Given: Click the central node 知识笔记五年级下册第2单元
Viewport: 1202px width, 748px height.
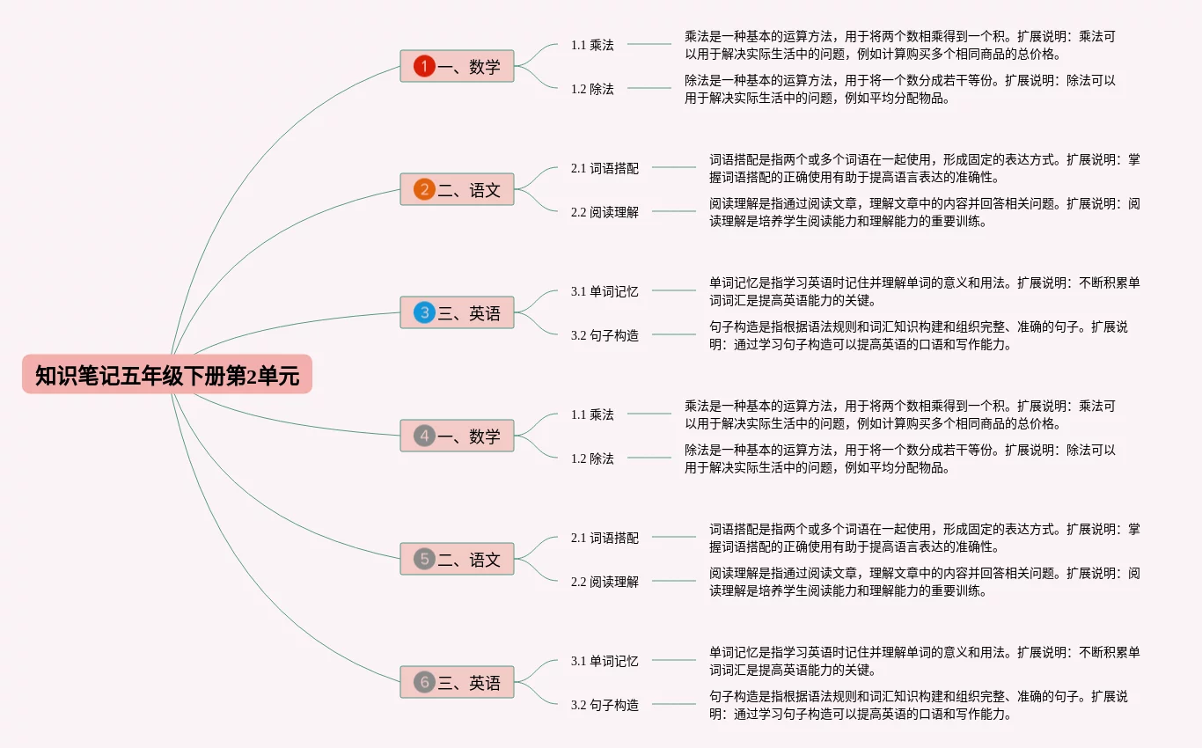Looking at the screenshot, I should click(x=167, y=375).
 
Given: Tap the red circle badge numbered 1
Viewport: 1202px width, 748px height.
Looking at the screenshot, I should click(x=424, y=66).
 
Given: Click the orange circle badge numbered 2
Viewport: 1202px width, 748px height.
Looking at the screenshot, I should click(x=424, y=189).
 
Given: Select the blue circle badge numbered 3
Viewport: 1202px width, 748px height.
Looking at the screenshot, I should click(x=424, y=312).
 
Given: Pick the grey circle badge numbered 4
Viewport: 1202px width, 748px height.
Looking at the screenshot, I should click(x=424, y=436).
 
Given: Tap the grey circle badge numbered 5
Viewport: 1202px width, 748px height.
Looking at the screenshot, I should click(x=424, y=559).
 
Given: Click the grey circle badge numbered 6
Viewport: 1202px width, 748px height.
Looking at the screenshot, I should click(x=424, y=682).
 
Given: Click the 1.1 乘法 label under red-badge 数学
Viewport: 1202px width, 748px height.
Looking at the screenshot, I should click(x=592, y=45).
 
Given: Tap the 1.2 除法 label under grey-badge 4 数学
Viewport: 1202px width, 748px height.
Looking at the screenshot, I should click(x=592, y=458).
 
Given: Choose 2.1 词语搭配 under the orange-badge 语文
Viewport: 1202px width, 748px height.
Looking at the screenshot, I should click(x=605, y=168).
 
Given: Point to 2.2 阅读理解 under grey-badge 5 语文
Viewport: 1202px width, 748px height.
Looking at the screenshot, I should click(x=605, y=582).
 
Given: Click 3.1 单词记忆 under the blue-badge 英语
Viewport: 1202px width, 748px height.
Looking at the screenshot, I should click(x=605, y=291).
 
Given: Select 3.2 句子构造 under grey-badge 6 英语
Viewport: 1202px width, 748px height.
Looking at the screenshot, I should click(x=605, y=705).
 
